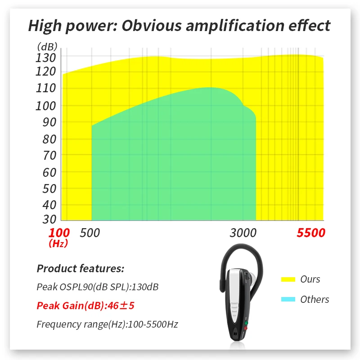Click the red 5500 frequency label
tap(310, 233)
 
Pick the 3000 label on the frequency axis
tap(243, 233)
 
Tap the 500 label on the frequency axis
tap(90, 233)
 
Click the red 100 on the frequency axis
tap(59, 233)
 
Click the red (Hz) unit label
tap(58, 243)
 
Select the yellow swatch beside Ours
tap(288, 279)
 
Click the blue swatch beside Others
tap(288, 299)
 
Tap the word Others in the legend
tap(315, 299)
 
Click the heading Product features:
tap(80, 269)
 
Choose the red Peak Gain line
tap(85, 306)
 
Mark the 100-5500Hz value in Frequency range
tap(153, 324)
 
